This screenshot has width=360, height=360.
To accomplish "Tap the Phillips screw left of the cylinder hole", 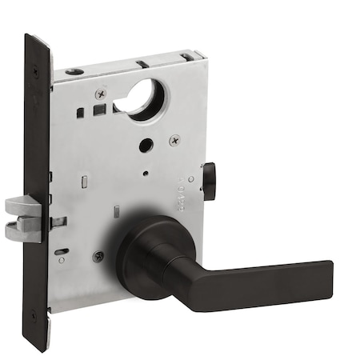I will point(100,94).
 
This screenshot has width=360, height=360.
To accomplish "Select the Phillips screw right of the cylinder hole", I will point(174,140).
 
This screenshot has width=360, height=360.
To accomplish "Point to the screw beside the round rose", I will point(98,257).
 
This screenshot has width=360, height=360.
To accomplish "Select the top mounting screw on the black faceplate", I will point(34,73).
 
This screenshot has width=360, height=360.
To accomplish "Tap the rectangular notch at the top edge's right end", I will point(189,55).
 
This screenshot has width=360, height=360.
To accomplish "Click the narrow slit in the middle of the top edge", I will point(141,62).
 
